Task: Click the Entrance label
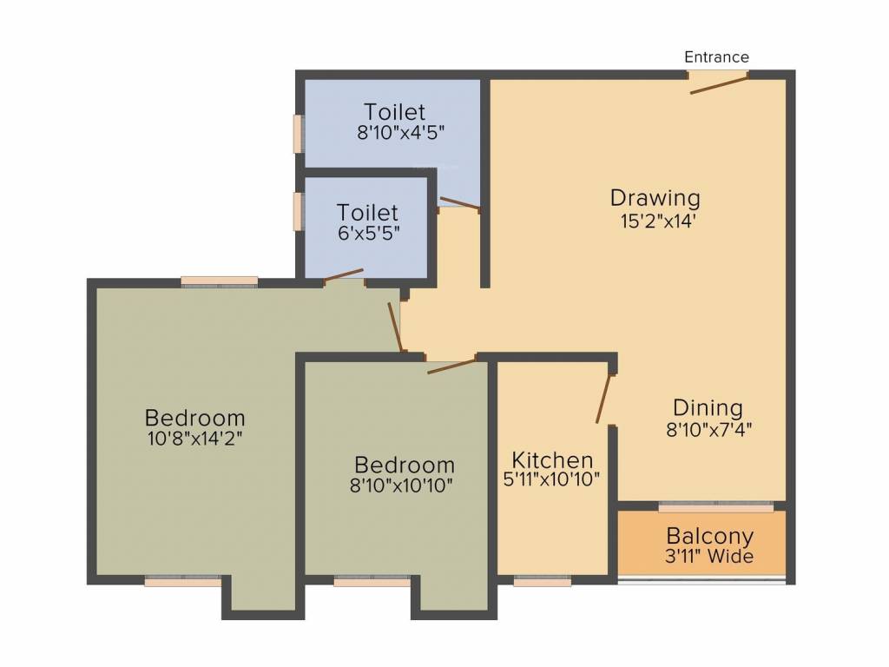pyautogui.click(x=716, y=57)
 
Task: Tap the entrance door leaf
pyautogui.click(x=719, y=84)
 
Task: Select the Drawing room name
pyautogui.click(x=655, y=198)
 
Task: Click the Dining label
pyautogui.click(x=708, y=407)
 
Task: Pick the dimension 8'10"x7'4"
pyautogui.click(x=708, y=428)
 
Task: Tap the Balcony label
pyautogui.click(x=709, y=536)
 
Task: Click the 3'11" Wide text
pyautogui.click(x=709, y=557)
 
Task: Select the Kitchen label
pyautogui.click(x=552, y=459)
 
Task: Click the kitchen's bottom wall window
pyautogui.click(x=543, y=582)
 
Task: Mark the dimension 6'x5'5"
pyautogui.click(x=367, y=234)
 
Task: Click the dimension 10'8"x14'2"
pyautogui.click(x=194, y=439)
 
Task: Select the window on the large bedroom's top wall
pyautogui.click(x=220, y=281)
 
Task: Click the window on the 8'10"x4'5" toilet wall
pyautogui.click(x=298, y=134)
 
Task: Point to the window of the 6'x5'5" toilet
pyautogui.click(x=298, y=211)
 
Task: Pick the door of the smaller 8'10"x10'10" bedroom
pyautogui.click(x=452, y=365)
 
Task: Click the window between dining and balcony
pyautogui.click(x=715, y=505)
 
